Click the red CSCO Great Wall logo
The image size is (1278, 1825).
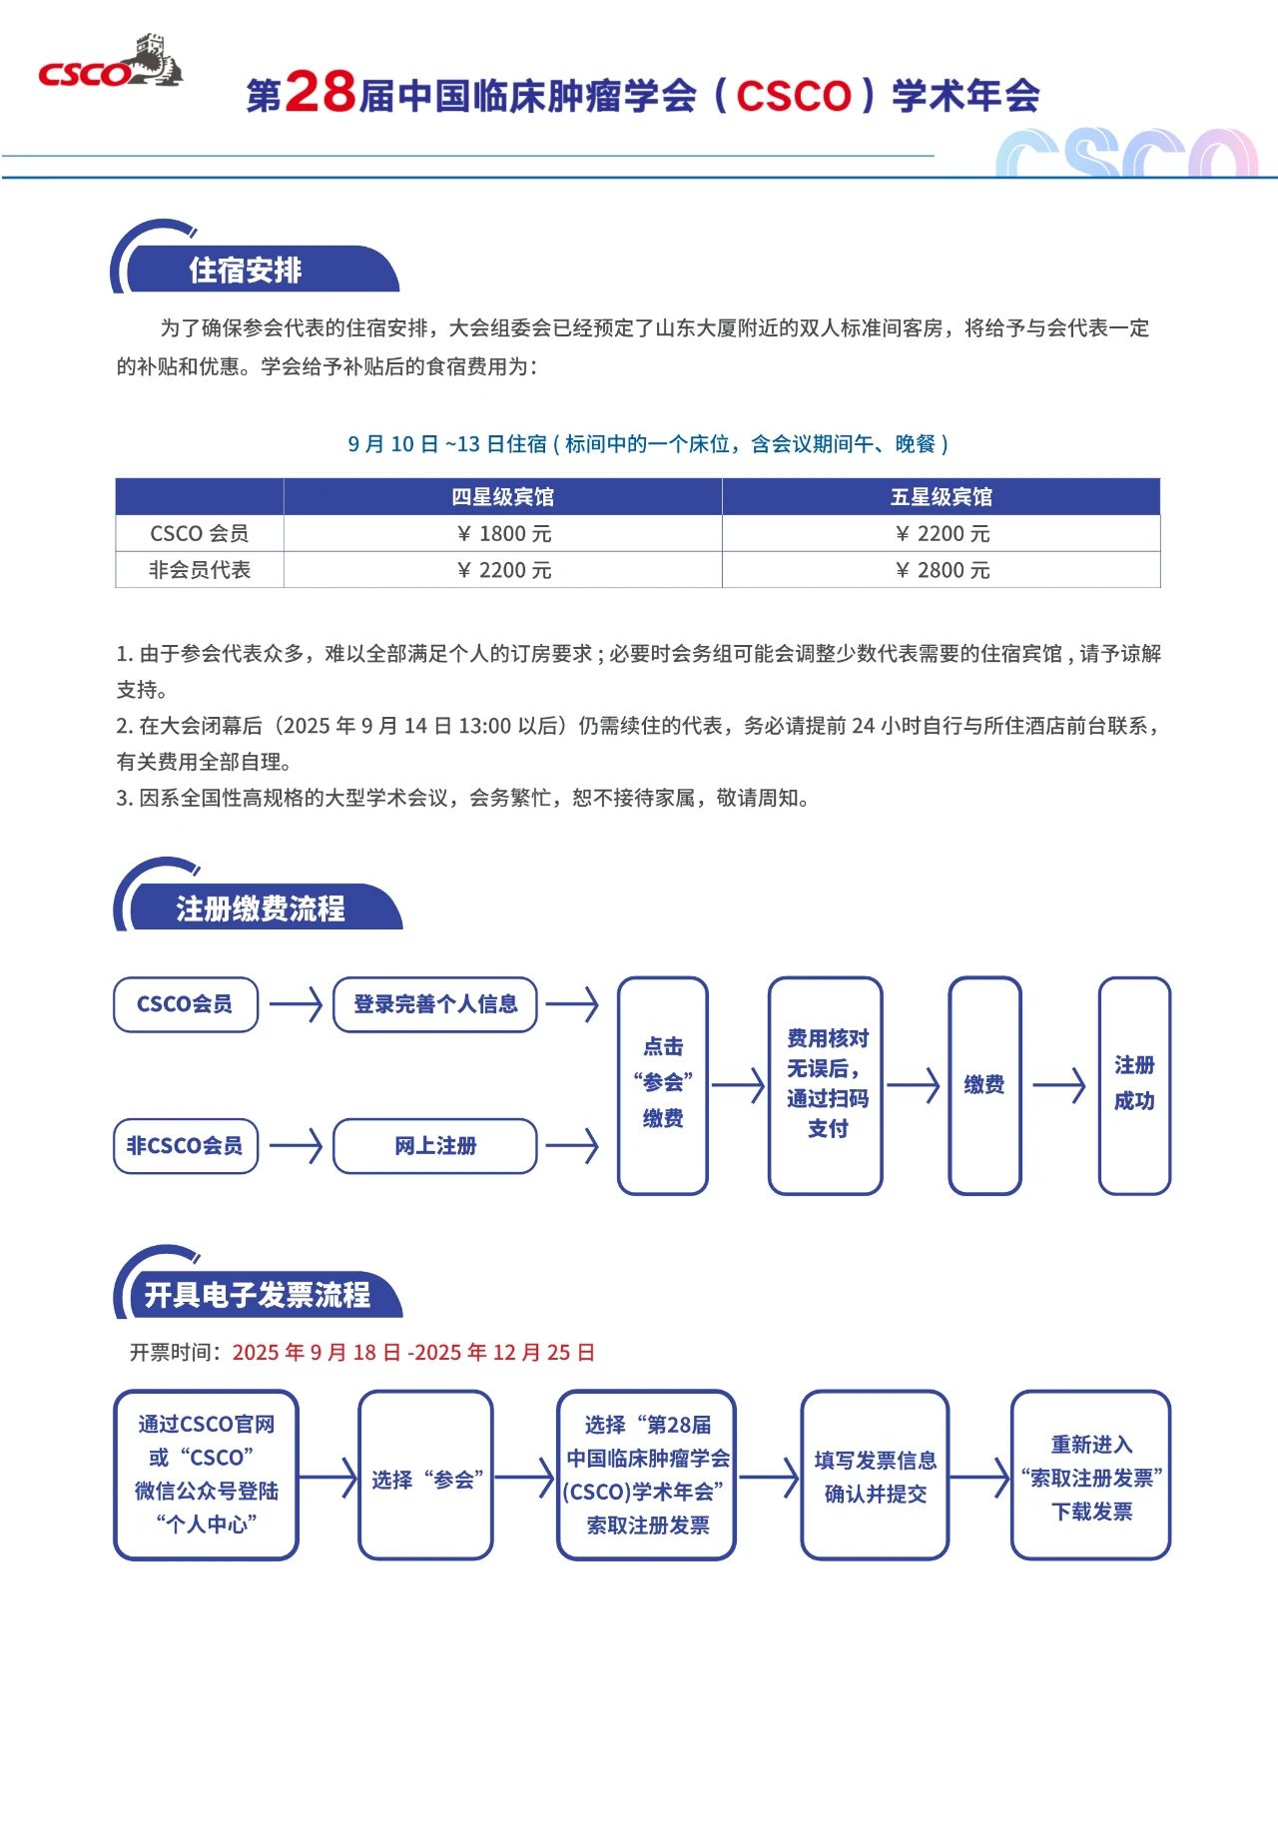pos(109,64)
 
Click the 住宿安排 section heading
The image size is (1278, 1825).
pos(246,270)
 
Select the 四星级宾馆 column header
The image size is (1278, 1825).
pos(502,496)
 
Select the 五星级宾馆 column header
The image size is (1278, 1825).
pos(941,496)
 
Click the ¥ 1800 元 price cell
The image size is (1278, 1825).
pos(503,533)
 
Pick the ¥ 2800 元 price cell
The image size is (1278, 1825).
pos(942,570)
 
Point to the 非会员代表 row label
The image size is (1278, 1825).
pos(200,570)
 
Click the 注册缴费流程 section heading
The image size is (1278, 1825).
pos(260,908)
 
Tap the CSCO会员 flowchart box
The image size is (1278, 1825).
pos(186,1004)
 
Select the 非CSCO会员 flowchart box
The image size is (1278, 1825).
pos(186,1146)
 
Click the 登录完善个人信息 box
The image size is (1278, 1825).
pos(435,1004)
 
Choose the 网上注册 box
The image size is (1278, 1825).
pos(435,1146)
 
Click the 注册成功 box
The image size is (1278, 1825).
pos(1134,1085)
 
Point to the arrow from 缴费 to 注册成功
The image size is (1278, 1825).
pos(1059,1085)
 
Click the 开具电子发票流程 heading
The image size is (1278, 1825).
pos(258,1294)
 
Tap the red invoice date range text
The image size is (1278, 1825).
pos(413,1353)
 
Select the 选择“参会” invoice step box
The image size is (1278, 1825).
pos(426,1476)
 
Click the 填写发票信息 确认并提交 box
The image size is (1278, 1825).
pos(875,1476)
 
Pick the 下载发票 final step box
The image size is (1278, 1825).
pos(1090,1476)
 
